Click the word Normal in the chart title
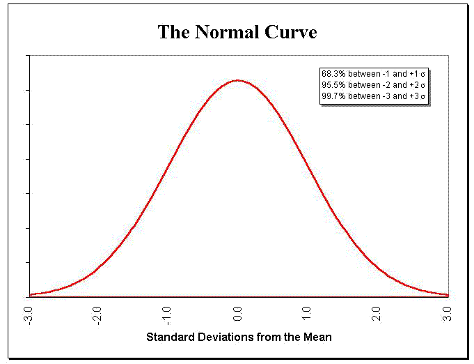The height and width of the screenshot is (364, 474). click(221, 32)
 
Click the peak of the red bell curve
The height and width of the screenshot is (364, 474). click(238, 80)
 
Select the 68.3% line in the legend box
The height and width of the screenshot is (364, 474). click(373, 73)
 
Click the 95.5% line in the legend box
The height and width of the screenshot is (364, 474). click(373, 84)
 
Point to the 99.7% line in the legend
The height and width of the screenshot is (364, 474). click(373, 96)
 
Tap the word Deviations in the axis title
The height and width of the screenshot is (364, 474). click(227, 338)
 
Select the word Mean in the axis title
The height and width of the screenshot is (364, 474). click(317, 338)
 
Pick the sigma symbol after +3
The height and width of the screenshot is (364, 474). click(422, 96)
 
